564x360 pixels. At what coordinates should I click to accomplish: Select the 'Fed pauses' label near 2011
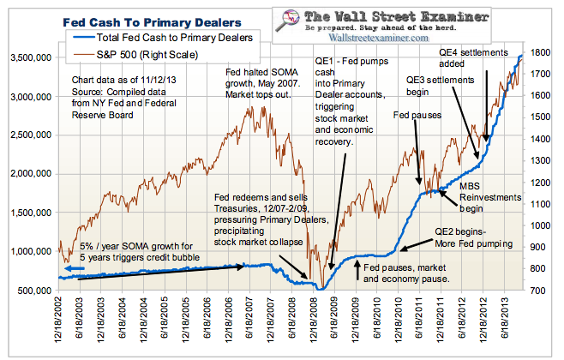coord(413,114)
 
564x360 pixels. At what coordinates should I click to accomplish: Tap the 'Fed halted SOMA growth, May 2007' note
coord(268,81)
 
